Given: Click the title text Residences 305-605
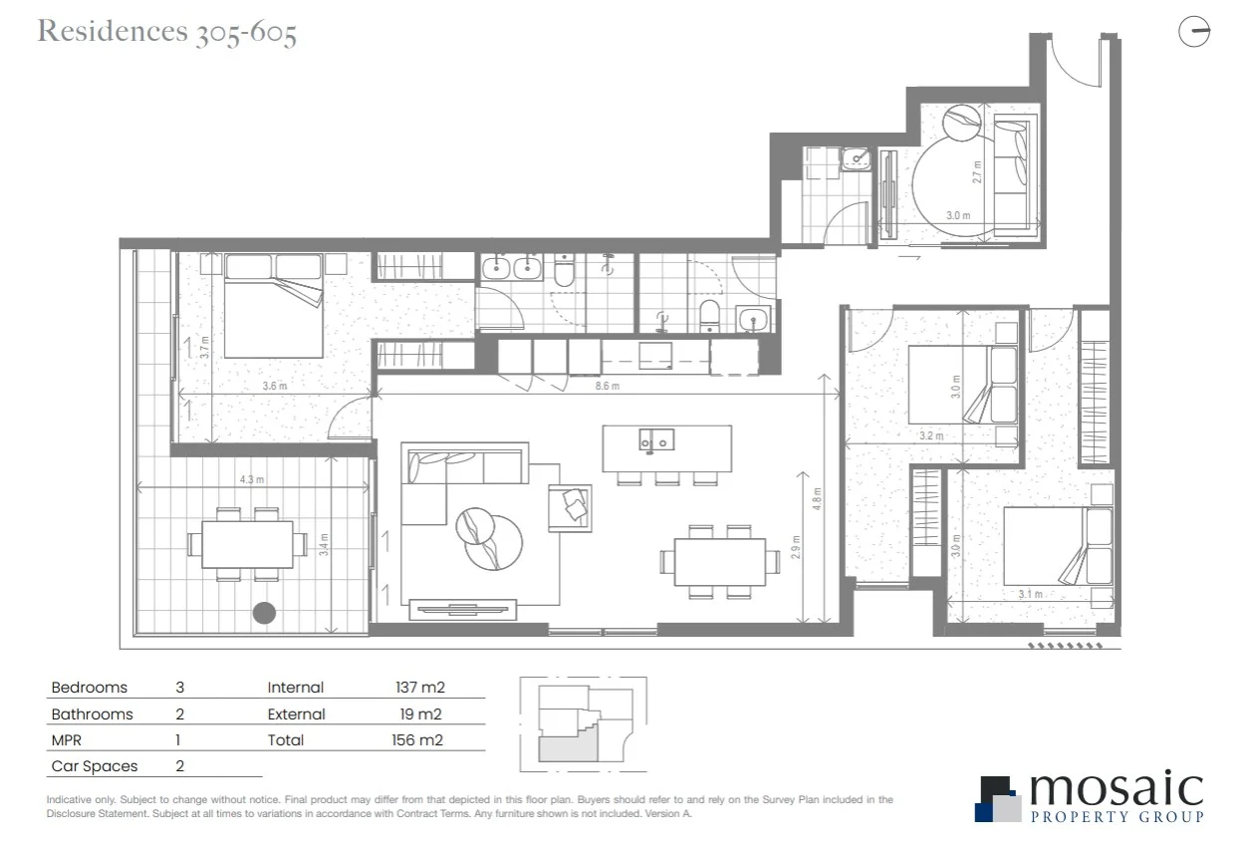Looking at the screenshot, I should coord(167,32).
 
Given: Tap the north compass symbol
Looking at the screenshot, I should coord(1193,33).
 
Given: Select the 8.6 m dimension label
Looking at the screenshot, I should coord(608,386).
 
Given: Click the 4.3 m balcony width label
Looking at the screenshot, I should coord(252,479).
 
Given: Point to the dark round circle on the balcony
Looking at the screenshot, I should coord(264,613).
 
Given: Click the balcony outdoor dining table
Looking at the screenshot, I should coord(247,544).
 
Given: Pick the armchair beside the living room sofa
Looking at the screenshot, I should coord(571,507).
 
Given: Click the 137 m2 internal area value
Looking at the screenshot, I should coord(418,688).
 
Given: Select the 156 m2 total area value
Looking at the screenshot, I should coord(418,740).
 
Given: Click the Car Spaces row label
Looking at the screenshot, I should coord(95,766).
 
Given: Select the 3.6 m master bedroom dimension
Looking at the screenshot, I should coord(275,386).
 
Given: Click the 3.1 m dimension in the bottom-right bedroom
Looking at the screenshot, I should coord(1030,595).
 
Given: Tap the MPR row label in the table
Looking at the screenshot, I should coord(67,740).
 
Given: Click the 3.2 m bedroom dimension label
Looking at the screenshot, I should coord(931,435).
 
